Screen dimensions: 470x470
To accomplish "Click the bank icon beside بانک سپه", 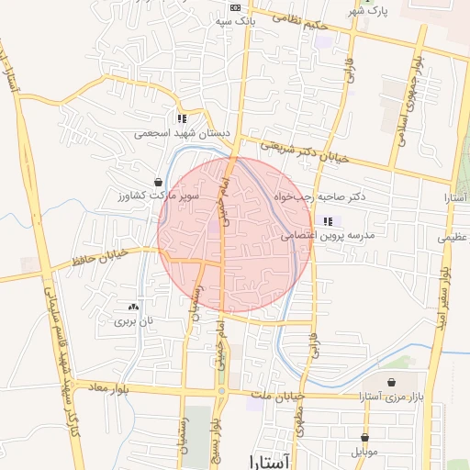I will [x=234, y=7].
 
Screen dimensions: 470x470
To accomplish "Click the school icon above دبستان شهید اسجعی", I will [x=182, y=118].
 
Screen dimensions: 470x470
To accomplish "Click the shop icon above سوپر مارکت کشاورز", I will [x=160, y=182].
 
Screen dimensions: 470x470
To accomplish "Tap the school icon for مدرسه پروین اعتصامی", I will [x=328, y=221].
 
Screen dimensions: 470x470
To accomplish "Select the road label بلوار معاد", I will [x=110, y=389].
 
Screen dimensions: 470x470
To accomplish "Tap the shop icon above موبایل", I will [x=364, y=438].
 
